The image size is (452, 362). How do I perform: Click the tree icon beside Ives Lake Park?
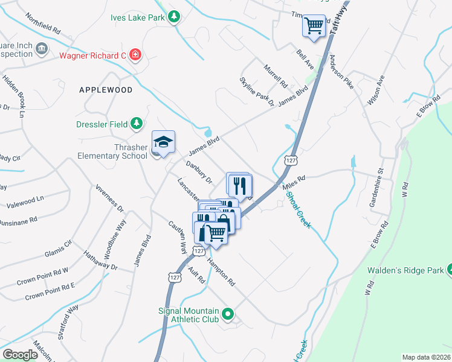click(x=174, y=17)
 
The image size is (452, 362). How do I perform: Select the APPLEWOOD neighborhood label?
click(x=106, y=89)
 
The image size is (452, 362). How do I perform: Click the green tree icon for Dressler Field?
click(x=137, y=124)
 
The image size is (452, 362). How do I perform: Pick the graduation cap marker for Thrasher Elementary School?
click(x=163, y=142)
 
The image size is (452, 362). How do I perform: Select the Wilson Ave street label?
click(x=375, y=90)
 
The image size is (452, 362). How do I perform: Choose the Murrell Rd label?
click(x=274, y=77)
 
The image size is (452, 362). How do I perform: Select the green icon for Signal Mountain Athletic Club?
click(x=228, y=313)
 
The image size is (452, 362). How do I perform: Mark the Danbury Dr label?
click(x=199, y=173)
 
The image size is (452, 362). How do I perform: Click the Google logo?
click(x=21, y=354)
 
